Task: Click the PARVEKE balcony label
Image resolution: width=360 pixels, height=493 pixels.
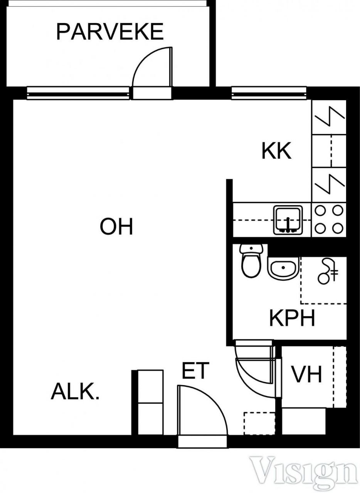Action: (x=110, y=32)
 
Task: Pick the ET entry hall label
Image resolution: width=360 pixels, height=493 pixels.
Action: (x=195, y=370)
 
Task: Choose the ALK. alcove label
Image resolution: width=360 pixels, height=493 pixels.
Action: (x=75, y=391)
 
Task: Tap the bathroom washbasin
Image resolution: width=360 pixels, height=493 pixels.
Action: (x=283, y=268)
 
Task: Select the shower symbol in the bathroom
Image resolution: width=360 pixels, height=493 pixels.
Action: (x=327, y=271)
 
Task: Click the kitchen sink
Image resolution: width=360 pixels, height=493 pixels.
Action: (x=288, y=220)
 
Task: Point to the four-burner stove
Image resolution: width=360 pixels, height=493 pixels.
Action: (x=329, y=220)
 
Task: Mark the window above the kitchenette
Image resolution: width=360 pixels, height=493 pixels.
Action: (x=269, y=94)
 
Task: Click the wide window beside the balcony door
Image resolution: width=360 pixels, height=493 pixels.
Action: (x=78, y=94)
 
